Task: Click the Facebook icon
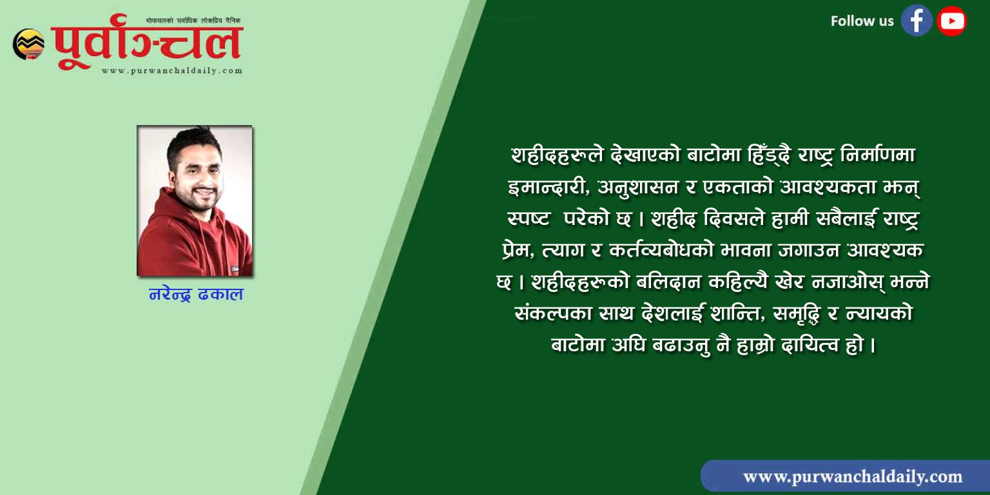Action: [x=917, y=21]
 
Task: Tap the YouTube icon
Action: [x=951, y=21]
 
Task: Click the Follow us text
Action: [x=862, y=21]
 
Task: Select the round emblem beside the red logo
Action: [x=29, y=44]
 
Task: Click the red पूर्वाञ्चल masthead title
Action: [x=147, y=42]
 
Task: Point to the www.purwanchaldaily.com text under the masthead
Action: [x=172, y=71]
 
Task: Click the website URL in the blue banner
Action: [x=853, y=477]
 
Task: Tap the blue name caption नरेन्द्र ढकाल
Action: [x=196, y=294]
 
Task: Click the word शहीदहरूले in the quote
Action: [x=556, y=155]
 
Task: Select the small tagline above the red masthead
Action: [x=193, y=21]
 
